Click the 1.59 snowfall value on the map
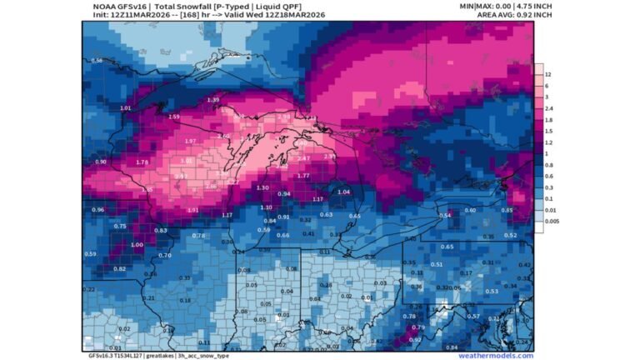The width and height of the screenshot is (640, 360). click(x=174, y=117)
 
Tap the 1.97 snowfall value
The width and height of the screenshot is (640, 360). click(x=190, y=141)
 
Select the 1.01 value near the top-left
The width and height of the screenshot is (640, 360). click(x=126, y=108)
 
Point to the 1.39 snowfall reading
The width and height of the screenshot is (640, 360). click(x=213, y=100)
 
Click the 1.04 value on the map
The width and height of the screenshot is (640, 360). click(x=344, y=192)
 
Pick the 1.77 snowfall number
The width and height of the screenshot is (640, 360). click(x=303, y=176)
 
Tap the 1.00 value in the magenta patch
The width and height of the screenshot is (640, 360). click(x=137, y=244)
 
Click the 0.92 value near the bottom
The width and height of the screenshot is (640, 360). click(x=416, y=339)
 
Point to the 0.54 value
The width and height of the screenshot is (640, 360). click(x=445, y=215)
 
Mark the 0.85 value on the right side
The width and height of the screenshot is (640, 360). click(x=507, y=210)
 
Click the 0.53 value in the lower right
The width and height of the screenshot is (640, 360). click(x=492, y=291)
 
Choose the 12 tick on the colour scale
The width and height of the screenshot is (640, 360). click(x=547, y=74)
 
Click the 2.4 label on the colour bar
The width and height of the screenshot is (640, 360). click(x=548, y=108)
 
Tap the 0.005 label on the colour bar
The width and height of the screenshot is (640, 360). click(x=552, y=222)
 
